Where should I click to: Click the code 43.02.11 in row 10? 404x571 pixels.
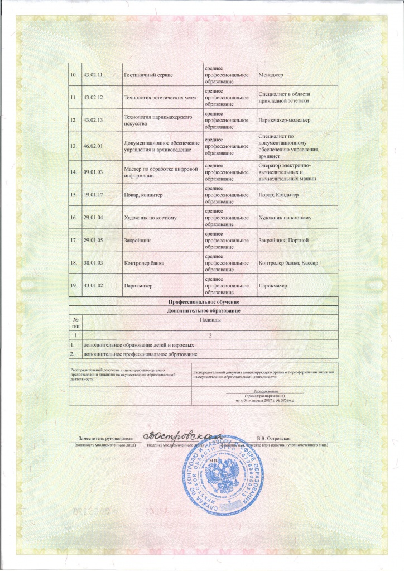[94, 75]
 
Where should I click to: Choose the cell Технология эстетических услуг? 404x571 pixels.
[153, 97]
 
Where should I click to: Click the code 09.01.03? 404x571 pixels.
[94, 172]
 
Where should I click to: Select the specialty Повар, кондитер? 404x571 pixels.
[143, 195]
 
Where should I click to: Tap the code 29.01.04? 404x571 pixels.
[94, 217]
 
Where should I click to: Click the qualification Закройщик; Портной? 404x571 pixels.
[284, 240]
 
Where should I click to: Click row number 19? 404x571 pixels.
[73, 286]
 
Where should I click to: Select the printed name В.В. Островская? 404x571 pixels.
[280, 439]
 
